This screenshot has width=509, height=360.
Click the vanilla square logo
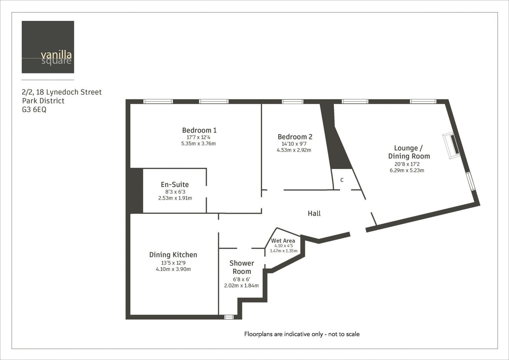[x=48, y=47]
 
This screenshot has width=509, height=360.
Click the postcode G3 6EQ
[x=34, y=110]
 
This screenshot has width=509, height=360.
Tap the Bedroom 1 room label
[x=199, y=130]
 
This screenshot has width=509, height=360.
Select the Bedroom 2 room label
[x=295, y=137]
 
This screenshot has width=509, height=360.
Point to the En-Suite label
[x=175, y=184]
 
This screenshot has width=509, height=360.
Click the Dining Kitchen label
[x=173, y=255]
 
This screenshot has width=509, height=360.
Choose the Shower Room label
[x=241, y=267]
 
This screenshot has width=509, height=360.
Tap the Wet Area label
[x=283, y=241]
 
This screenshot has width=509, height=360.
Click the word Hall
[x=314, y=213]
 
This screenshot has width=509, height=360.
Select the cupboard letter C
[x=342, y=180]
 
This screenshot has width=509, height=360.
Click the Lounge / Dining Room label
[x=409, y=152]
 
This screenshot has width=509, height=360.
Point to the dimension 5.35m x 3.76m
[x=198, y=144]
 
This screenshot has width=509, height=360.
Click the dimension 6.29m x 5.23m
[x=407, y=170]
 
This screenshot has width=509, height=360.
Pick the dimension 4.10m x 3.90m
[x=173, y=269]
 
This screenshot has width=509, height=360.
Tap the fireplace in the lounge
[x=451, y=145]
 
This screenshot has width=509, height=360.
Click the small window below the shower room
[x=229, y=317]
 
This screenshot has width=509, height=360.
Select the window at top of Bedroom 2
[x=292, y=102]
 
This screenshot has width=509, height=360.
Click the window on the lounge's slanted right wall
[x=471, y=181]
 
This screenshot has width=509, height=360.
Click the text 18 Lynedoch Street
[x=69, y=92]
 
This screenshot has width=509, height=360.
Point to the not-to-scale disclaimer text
[x=302, y=334]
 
